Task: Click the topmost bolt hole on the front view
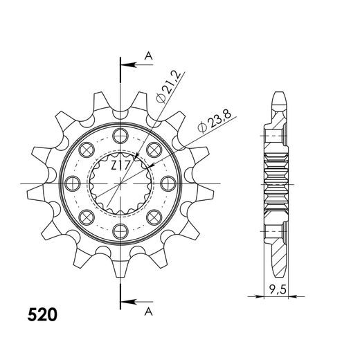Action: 122,134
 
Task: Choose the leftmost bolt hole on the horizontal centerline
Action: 73,183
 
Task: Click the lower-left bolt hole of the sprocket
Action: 87,218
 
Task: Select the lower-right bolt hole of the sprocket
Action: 156,218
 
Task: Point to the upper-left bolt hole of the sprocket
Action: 87,149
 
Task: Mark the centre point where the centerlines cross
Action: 122,183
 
